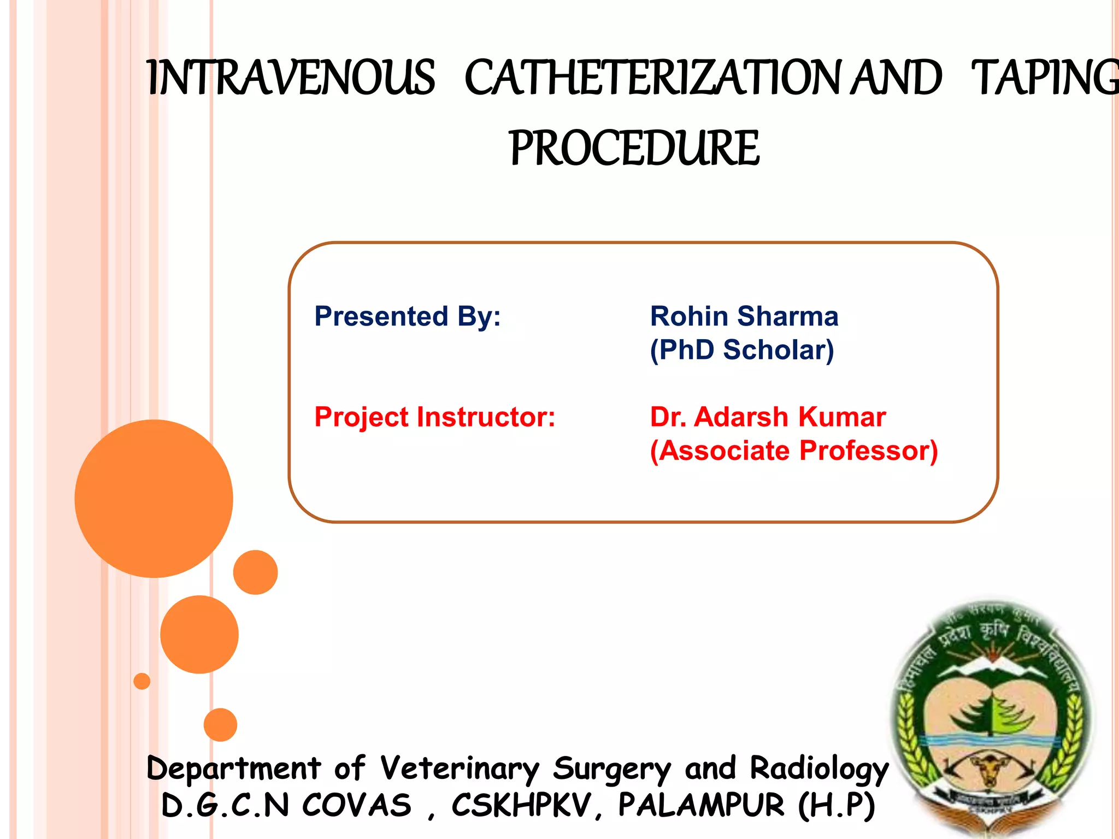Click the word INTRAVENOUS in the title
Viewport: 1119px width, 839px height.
(x=291, y=78)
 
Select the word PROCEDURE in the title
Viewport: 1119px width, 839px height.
(x=634, y=148)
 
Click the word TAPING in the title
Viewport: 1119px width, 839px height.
(x=1044, y=78)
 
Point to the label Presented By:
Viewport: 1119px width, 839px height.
(x=407, y=316)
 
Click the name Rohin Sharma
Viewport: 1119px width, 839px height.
(x=744, y=316)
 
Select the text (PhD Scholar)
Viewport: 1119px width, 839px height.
(x=741, y=350)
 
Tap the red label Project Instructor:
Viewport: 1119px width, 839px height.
(x=434, y=417)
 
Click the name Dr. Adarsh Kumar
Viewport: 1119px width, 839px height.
(x=767, y=417)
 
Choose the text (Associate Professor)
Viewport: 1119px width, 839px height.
(x=793, y=451)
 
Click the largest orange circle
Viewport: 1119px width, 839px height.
(x=154, y=498)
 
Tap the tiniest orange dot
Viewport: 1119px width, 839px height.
(x=142, y=681)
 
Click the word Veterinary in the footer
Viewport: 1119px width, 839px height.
(x=460, y=769)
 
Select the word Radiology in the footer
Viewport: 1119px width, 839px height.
(x=818, y=769)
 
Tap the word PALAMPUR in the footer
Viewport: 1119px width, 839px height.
(x=701, y=805)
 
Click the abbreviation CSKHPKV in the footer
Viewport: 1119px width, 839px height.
(x=522, y=805)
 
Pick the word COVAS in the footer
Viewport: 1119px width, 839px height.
(x=356, y=805)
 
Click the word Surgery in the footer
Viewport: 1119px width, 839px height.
(x=612, y=769)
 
